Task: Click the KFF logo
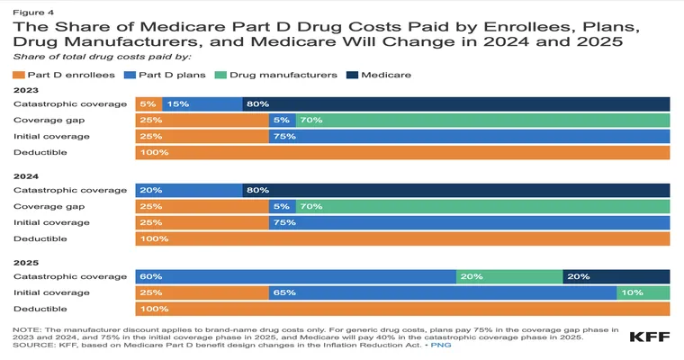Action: point(648,337)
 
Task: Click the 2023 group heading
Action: point(25,90)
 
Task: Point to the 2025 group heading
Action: point(25,263)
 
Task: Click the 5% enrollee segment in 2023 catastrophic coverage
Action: point(148,104)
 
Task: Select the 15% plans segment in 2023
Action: point(202,104)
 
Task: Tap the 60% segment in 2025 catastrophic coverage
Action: point(295,276)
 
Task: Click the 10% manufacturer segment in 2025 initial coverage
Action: point(643,292)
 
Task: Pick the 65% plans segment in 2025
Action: point(443,292)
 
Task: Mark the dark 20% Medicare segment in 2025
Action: point(616,276)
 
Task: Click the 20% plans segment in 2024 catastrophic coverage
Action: point(189,190)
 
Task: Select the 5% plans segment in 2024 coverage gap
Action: point(282,206)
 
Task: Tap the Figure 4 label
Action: point(33,11)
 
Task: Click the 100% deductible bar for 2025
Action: point(402,309)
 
